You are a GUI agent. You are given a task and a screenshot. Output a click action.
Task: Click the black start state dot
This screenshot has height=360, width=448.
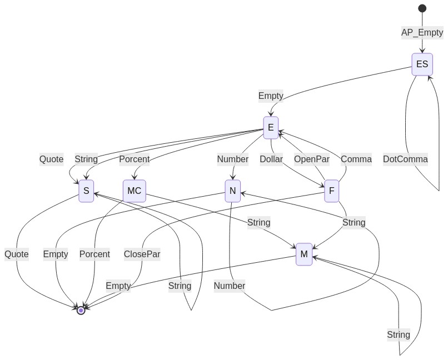coord(422,8)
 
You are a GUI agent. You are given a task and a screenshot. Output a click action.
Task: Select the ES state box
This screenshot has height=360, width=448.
coord(422,64)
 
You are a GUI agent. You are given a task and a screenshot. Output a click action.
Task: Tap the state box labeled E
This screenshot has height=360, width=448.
coord(271,128)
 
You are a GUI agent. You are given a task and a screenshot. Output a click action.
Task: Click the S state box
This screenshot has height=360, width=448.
coord(86,191)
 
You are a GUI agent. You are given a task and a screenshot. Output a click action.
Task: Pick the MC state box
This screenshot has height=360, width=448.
coord(134,191)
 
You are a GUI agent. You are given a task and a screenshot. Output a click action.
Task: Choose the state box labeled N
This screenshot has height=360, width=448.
coord(232,191)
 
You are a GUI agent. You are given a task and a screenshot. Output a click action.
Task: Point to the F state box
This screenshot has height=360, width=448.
coord(332,191)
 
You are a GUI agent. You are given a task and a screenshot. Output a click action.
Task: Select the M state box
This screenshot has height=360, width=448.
coord(304,254)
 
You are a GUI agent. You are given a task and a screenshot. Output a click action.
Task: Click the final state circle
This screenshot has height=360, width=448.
coord(81,311)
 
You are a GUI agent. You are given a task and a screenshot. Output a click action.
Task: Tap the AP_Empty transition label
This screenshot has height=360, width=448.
coord(422,32)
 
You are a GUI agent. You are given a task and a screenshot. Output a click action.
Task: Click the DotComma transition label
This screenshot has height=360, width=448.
coord(405,159)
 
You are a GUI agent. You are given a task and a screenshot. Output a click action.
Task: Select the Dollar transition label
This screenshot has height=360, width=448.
coord(271,159)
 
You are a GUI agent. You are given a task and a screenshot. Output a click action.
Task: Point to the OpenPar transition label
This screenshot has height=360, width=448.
coord(312,159)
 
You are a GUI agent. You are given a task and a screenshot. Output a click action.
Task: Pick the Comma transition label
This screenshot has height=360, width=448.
coord(356,159)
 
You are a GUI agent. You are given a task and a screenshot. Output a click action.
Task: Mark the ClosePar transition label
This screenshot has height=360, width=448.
coord(142,254)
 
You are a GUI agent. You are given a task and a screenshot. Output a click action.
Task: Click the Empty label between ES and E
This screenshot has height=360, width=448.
coord(271,96)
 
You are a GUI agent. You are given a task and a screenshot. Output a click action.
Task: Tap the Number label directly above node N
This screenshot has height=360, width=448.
coord(232,159)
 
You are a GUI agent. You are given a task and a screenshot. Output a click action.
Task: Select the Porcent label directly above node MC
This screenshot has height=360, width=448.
coord(134,159)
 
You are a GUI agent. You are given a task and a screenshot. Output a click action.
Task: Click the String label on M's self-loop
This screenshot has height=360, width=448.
coord(399,334)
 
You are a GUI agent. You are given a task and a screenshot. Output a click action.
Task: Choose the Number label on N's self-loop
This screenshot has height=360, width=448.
coord(230,286)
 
